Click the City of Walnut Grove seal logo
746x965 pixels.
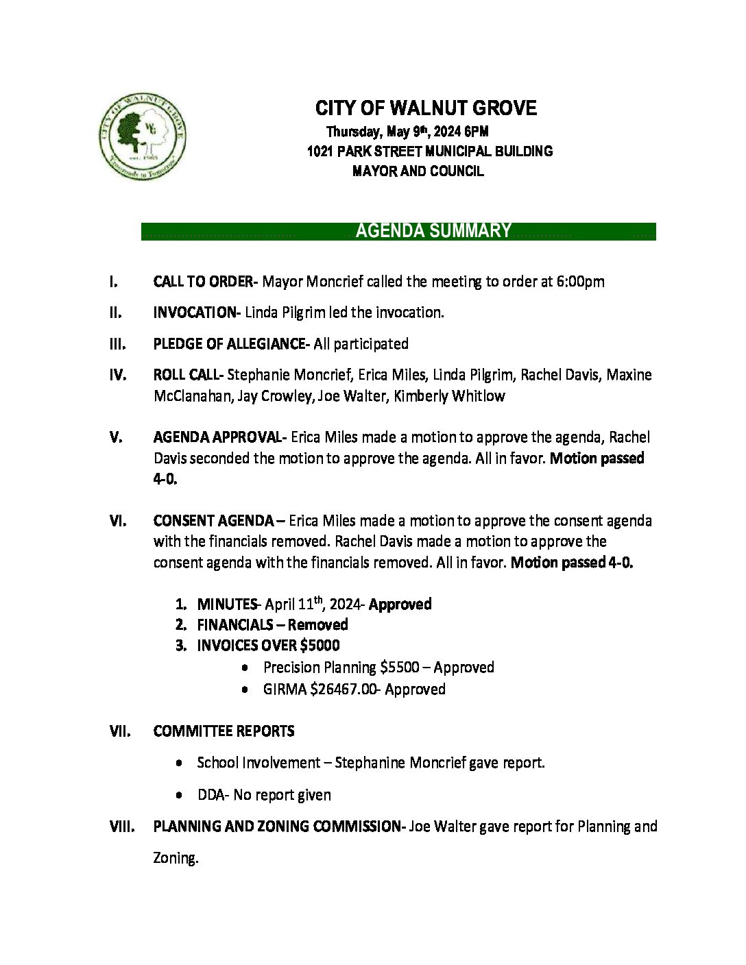[143, 136]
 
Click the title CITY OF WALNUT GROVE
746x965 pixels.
[426, 108]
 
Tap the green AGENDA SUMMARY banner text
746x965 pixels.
[433, 231]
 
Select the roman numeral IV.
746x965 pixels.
[117, 375]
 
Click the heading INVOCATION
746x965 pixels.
[194, 313]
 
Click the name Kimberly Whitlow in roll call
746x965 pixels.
[449, 396]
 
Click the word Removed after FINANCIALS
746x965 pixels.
[317, 625]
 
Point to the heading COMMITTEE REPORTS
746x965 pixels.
[224, 731]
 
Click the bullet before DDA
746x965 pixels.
[179, 795]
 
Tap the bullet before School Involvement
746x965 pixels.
[179, 763]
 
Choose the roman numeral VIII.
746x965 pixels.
[121, 827]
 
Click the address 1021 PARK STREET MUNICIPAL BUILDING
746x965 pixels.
[429, 151]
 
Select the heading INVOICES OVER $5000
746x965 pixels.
[268, 646]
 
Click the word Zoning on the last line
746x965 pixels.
[175, 858]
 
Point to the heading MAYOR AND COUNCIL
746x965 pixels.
[418, 171]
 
